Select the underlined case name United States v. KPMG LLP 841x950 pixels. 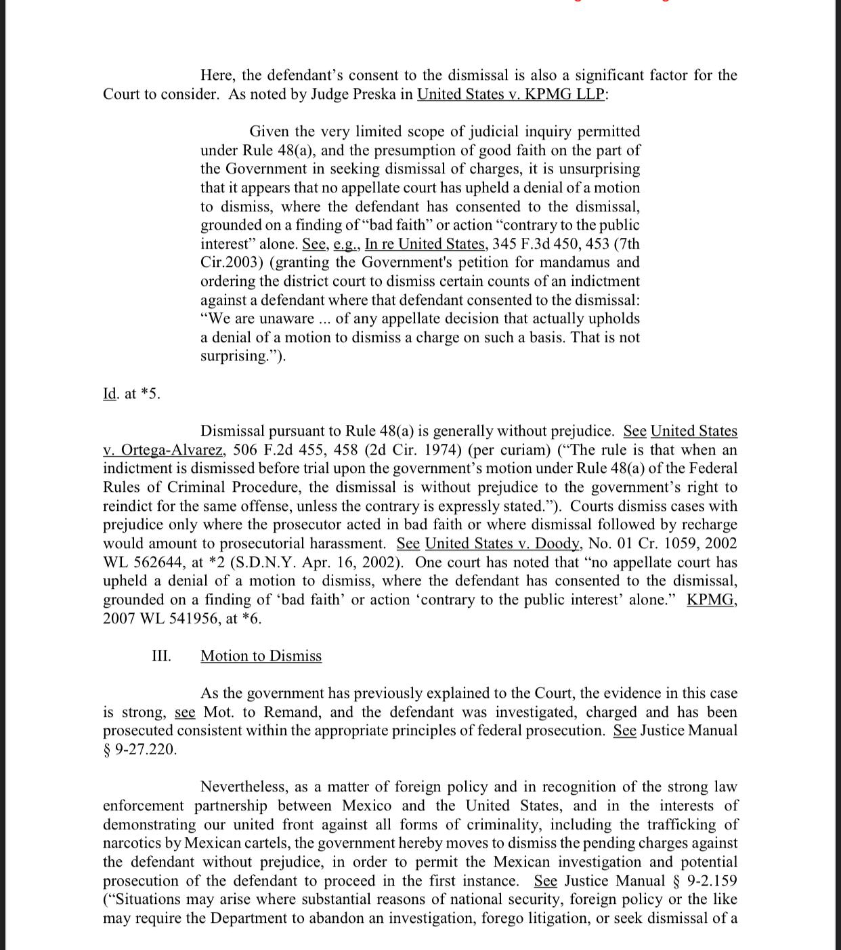tap(511, 94)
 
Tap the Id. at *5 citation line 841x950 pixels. tap(131, 394)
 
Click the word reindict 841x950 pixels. tap(129, 506)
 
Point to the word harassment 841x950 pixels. tap(347, 543)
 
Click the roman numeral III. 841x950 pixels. tap(161, 656)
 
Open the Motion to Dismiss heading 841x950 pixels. tap(261, 656)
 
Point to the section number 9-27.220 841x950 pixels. tap(145, 749)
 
